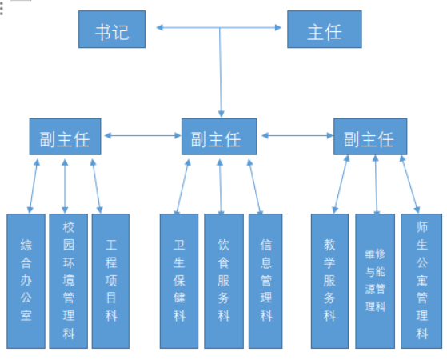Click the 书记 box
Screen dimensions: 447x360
[112, 30]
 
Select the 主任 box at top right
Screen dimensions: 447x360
[325, 30]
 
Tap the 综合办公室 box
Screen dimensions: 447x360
[26, 281]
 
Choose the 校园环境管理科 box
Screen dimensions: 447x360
[69, 281]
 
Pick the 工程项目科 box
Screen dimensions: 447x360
[110, 281]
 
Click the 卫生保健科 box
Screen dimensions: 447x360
[179, 281]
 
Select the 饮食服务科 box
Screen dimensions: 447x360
[224, 281]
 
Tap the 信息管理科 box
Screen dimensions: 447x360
[265, 281]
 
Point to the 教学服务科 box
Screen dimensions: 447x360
[329, 281]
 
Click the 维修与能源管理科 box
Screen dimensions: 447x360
[375, 281]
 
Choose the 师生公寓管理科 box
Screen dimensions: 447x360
[421, 281]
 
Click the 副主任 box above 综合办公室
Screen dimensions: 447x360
[66, 137]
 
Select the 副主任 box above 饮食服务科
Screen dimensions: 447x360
[219, 137]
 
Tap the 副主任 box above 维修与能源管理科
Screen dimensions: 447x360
[370, 137]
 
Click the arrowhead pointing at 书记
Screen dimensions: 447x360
[159, 28]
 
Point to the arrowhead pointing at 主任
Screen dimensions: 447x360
[278, 28]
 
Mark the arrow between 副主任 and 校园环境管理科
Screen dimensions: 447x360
[65, 186]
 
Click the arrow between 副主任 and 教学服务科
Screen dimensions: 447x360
[341, 184]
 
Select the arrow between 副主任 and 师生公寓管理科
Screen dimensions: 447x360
[409, 184]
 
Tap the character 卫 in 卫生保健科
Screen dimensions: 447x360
[179, 245]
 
